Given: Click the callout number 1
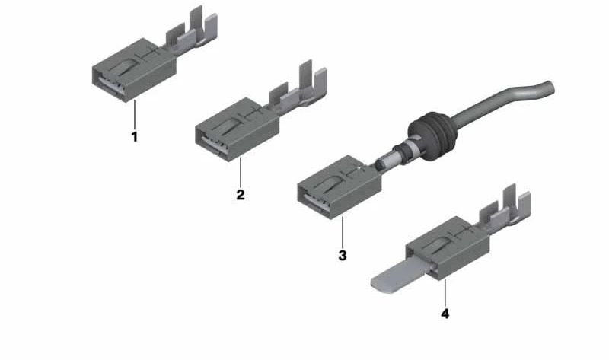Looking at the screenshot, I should [135, 138].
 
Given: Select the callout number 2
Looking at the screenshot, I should [240, 194].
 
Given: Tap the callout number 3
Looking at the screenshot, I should [343, 255].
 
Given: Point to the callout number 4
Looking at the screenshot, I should [445, 313].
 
